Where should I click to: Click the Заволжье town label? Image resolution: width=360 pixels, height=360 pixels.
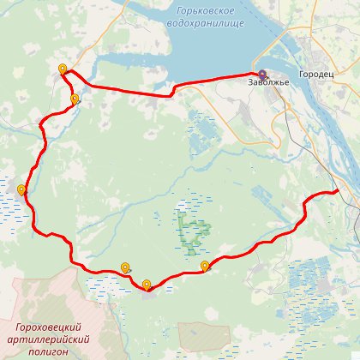269,81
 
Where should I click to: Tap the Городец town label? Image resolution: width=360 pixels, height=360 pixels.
317,74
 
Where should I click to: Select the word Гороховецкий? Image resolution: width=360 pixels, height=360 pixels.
48,327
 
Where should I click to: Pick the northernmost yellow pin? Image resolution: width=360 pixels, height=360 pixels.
62,69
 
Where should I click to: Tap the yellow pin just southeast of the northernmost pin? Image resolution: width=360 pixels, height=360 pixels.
75,99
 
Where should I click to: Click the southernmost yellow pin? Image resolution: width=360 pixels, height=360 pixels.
147,285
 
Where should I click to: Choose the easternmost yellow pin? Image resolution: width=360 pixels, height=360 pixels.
205,266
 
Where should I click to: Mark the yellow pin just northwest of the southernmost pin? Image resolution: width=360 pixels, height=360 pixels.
126,267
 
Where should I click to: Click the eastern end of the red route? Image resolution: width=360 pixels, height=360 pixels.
339,190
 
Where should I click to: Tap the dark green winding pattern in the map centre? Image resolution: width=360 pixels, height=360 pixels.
195,230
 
